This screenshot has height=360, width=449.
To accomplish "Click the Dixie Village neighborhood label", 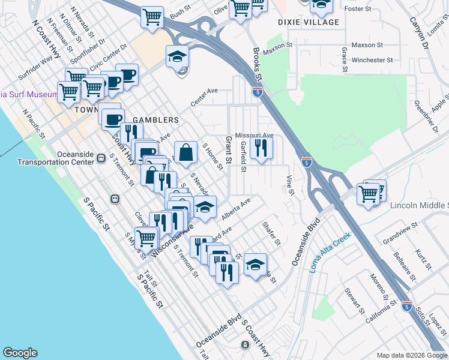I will (x=309, y=22).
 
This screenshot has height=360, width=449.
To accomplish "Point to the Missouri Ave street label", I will (x=254, y=135).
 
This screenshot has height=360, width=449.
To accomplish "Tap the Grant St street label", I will (x=228, y=149).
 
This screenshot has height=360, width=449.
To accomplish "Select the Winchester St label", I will (x=372, y=60).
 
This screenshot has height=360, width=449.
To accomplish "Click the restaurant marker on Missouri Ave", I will (x=261, y=148).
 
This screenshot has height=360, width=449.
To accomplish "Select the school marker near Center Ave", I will (x=177, y=57).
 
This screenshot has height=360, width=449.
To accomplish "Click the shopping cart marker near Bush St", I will (x=152, y=17).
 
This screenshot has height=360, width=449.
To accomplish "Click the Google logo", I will (x=20, y=353).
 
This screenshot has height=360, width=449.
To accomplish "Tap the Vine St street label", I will (x=290, y=185).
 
